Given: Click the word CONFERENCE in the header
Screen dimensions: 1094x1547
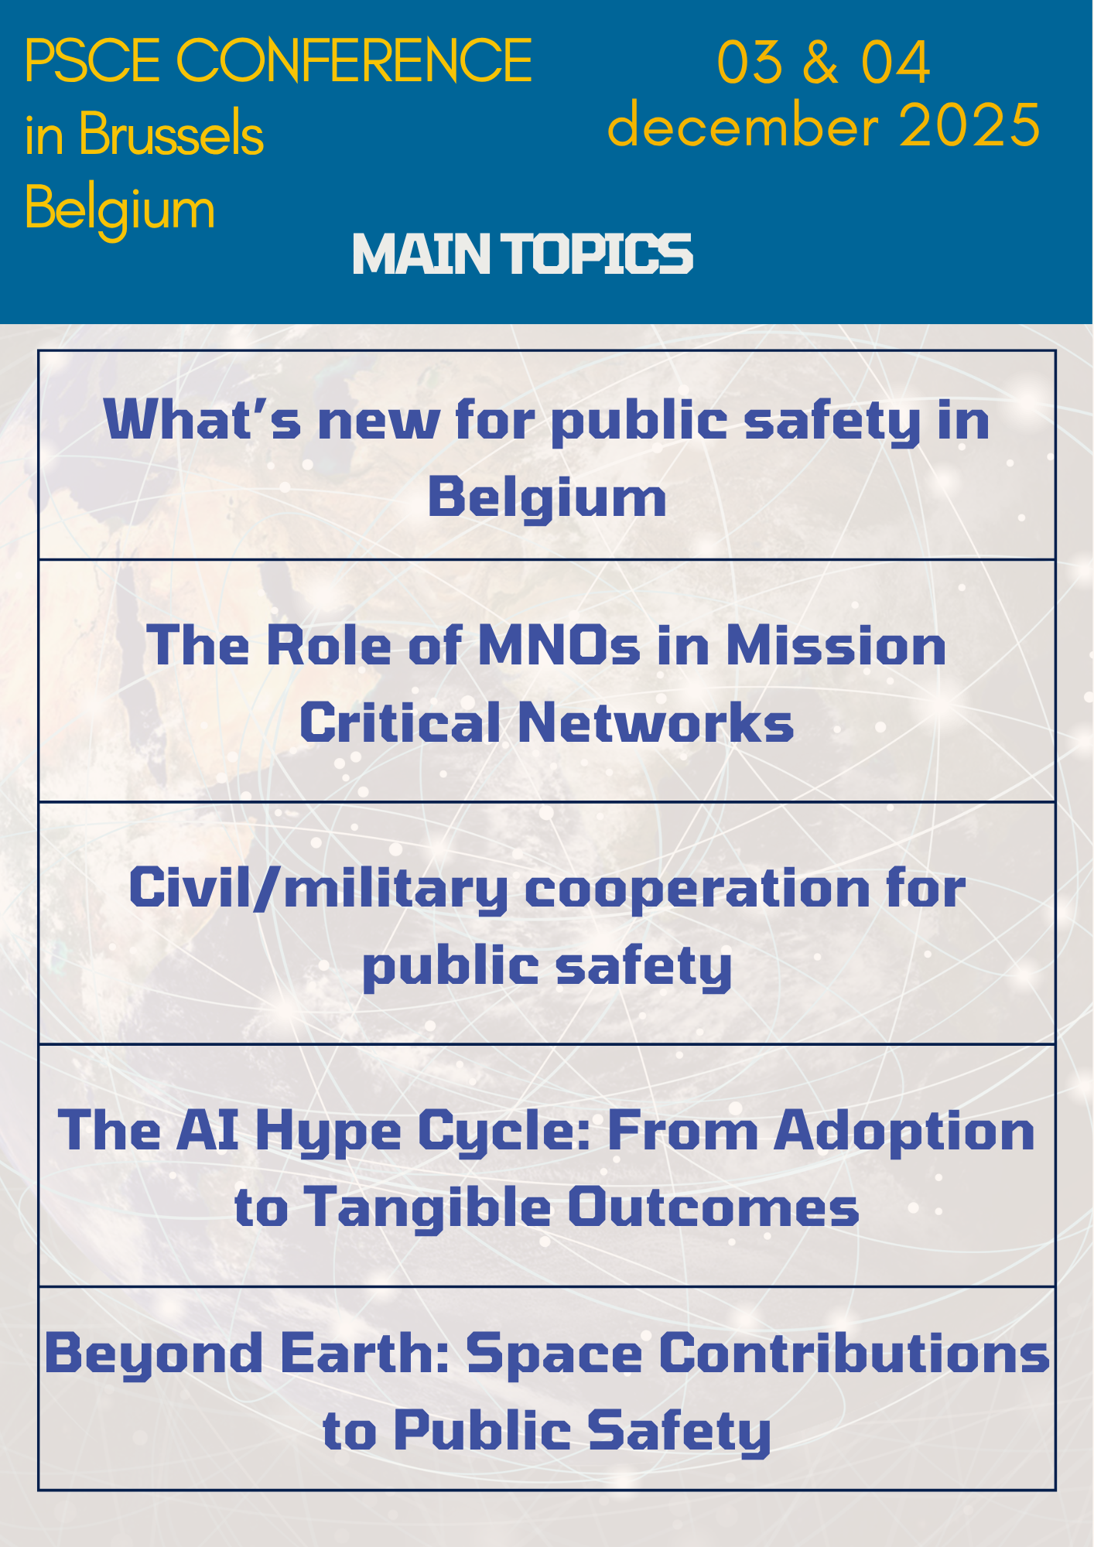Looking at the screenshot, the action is tap(354, 60).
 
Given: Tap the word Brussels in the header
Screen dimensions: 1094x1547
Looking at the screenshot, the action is tap(171, 134).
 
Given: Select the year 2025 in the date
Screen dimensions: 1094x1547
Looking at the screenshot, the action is tap(969, 125).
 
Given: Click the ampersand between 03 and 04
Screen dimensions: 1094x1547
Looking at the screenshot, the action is tap(821, 61).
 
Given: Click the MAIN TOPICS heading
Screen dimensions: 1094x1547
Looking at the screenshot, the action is tap(523, 254).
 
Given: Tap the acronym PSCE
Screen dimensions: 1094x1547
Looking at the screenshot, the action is tap(92, 60).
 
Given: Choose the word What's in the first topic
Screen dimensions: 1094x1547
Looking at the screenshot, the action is tap(202, 420).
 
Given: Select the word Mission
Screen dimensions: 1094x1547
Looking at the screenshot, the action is tap(836, 645).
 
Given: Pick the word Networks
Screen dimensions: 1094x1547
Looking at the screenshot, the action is tap(656, 722).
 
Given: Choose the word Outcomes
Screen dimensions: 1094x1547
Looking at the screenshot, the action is tap(713, 1207).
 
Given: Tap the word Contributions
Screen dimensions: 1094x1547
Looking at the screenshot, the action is tap(854, 1353).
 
